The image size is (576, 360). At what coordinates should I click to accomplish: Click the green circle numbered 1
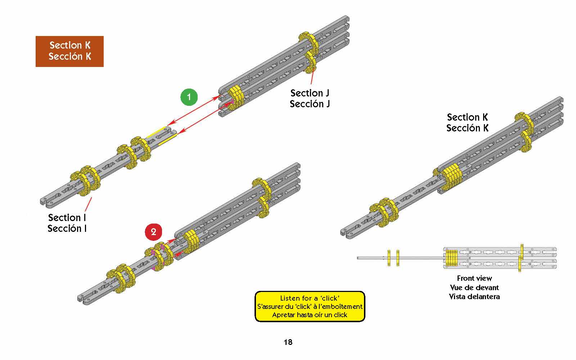[x=189, y=97]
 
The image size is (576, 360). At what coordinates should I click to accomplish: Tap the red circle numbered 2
[x=153, y=232]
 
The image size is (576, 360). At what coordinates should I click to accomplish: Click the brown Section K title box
[x=69, y=51]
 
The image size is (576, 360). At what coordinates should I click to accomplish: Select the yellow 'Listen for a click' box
[x=310, y=306]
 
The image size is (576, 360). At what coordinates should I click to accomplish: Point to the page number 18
[x=288, y=342]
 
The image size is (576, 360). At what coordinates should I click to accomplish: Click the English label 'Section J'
[x=310, y=93]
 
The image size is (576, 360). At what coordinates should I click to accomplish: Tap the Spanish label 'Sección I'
[x=67, y=229]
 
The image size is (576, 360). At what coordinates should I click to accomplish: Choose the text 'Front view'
[x=474, y=278]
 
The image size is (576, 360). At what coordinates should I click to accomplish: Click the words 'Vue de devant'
[x=474, y=288]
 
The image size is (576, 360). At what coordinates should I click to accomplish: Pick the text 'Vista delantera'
[x=474, y=297]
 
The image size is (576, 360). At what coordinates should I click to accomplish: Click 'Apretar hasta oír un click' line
[x=310, y=315]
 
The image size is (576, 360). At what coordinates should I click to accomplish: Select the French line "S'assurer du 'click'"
[x=310, y=307]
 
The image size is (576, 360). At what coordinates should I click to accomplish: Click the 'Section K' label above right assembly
[x=467, y=117]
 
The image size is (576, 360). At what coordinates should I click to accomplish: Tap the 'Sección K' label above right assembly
[x=467, y=128]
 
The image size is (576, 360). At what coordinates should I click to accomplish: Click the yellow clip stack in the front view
[x=451, y=258]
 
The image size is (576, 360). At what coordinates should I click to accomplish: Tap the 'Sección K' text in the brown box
[x=70, y=57]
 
